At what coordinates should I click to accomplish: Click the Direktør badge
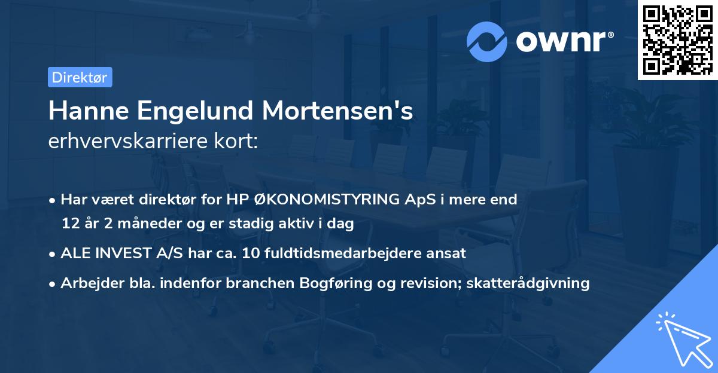pos(80,77)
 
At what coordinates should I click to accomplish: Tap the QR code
pos(677,39)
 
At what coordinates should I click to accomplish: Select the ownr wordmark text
pos(563,41)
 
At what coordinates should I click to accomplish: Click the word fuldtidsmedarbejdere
pos(336,253)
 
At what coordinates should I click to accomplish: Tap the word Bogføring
pos(325,283)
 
